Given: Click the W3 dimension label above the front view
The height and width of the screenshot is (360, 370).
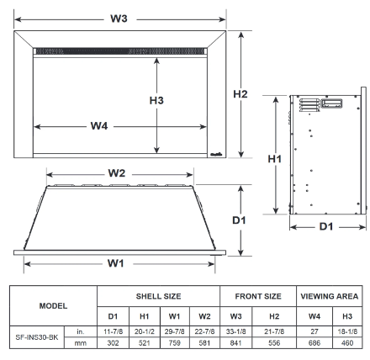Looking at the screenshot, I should pos(123,19).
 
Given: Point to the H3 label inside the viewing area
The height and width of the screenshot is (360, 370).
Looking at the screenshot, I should pos(156,100).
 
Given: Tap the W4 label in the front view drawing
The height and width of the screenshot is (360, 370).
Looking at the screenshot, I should pos(98,127).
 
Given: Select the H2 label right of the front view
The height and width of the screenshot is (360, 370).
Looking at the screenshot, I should pos(240,94).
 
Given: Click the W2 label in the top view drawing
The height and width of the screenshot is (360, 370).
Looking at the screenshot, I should pos(116,173).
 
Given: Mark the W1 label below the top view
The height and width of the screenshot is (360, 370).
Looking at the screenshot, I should pos(116,263).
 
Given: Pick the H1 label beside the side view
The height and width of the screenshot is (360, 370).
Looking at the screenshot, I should pos(273,157).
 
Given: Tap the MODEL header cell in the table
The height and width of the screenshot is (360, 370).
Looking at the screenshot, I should pos(52,305).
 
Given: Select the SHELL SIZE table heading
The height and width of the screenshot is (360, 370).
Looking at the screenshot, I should pos(158,296).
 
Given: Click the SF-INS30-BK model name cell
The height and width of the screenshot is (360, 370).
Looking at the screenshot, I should pos(37,337).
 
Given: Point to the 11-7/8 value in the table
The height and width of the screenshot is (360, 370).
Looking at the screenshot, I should pos(113,331).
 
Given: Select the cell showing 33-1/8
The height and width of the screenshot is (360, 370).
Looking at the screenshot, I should pos(235,331).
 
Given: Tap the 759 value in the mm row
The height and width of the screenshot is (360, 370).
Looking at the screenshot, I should pos(174,343).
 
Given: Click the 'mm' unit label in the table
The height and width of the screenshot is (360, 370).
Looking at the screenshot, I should pos(79,343).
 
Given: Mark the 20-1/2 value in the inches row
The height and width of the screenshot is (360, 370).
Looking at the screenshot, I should pos(144,331).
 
